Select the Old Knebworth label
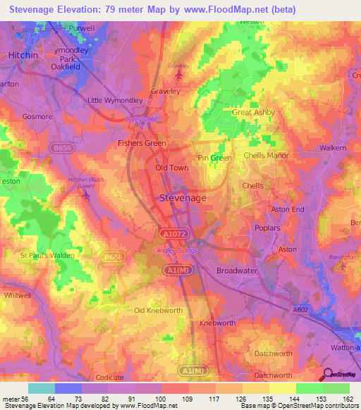158,310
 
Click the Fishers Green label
141,143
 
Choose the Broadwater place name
236,271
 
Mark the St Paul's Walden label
47,255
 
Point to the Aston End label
288,210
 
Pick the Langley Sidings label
172,250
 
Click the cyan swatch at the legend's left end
42,388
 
